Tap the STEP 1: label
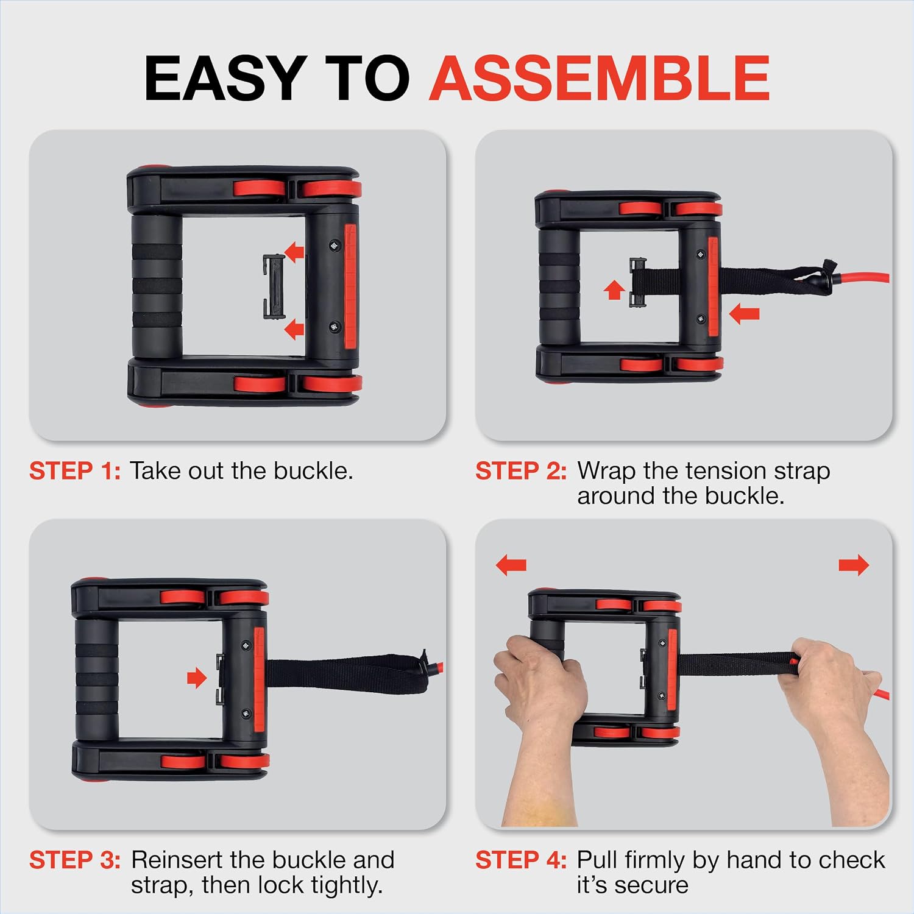point(75,471)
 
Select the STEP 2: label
point(521,471)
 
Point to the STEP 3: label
point(75,860)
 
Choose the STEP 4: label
point(521,860)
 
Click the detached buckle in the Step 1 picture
point(274,286)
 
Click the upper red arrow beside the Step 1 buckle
point(295,250)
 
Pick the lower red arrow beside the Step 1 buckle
point(295,329)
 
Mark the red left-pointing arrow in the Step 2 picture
point(744,314)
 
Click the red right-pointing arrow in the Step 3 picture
point(197,677)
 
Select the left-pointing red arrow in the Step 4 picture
point(511,565)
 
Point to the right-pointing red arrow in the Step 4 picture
point(854,565)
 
